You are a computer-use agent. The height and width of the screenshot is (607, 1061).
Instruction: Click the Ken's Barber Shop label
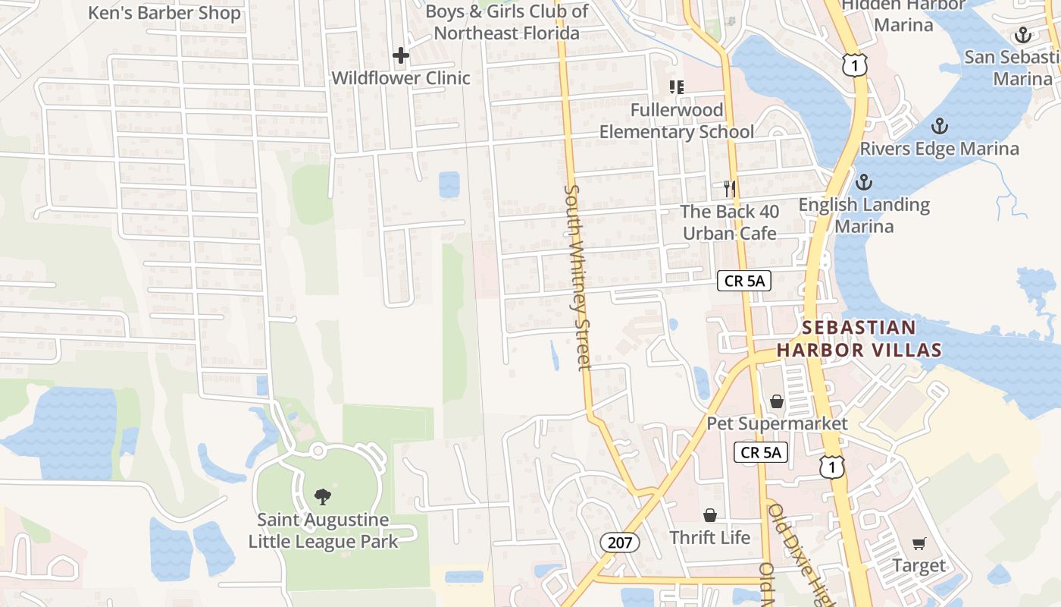164,13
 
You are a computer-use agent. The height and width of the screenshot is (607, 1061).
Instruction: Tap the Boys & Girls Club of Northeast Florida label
506,22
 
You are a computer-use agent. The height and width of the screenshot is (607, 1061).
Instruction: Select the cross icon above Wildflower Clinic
401,55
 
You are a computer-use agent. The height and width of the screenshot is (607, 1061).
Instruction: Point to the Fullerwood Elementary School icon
676,87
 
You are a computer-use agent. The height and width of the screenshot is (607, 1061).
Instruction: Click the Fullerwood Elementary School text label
677,121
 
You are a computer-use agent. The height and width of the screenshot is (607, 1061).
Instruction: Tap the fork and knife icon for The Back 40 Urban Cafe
730,188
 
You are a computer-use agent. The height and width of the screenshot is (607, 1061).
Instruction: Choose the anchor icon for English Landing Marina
863,182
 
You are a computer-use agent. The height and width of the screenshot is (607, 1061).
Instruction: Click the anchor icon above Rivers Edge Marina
940,125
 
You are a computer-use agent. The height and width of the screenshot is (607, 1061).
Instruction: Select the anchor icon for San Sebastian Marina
1023,35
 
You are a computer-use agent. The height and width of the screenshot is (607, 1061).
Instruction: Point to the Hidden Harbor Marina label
903,15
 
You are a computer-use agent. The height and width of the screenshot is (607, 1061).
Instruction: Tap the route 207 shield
621,543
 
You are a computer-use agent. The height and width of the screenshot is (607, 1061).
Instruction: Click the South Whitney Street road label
577,277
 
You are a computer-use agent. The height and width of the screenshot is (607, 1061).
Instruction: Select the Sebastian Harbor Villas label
859,338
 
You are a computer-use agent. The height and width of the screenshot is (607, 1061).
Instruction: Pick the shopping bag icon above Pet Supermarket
777,401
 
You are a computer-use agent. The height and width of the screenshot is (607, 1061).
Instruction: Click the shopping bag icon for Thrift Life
710,515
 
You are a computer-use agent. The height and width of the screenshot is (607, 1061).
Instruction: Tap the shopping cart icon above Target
919,543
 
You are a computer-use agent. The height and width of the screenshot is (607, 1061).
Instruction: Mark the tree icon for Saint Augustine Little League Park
323,497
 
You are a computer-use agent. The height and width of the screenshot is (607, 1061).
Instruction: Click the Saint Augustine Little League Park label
323,531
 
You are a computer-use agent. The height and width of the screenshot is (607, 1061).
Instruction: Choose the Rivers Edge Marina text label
939,149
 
